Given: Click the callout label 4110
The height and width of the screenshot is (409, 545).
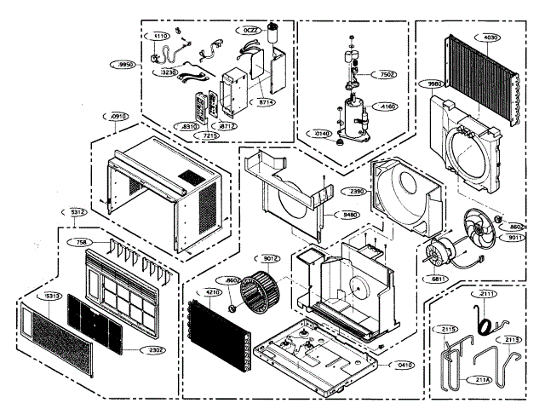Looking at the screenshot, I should click(x=161, y=37).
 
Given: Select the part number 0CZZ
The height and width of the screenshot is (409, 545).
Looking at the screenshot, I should click(x=250, y=31).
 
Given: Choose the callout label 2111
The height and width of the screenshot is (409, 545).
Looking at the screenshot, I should click(x=487, y=295).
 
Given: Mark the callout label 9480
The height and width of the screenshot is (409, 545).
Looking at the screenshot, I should click(x=350, y=215).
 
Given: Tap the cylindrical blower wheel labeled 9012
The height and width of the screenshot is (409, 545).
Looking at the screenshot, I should click(x=260, y=290).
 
